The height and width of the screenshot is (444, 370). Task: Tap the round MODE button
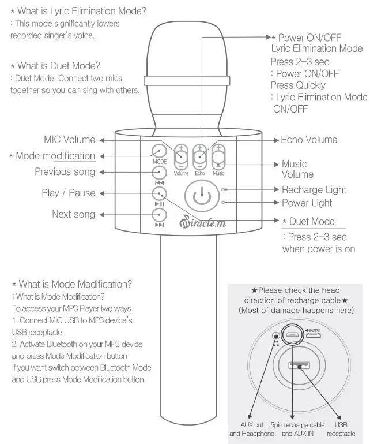tap(160, 151)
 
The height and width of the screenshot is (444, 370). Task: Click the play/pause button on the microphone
tap(160, 193)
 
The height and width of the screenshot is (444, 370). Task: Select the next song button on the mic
tap(160, 215)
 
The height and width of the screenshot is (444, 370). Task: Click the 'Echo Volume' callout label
tap(309, 140)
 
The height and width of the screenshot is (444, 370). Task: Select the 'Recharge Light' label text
tap(314, 189)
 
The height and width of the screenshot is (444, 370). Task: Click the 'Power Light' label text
tap(307, 203)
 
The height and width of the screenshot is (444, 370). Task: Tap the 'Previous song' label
tap(65, 172)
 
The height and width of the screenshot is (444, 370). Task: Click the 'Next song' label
tap(73, 214)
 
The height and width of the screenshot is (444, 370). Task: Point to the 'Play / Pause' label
tap(68, 193)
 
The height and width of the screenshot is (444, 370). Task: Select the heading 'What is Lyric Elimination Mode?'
tap(78, 12)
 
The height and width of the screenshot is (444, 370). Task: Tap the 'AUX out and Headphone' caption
tap(252, 429)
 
